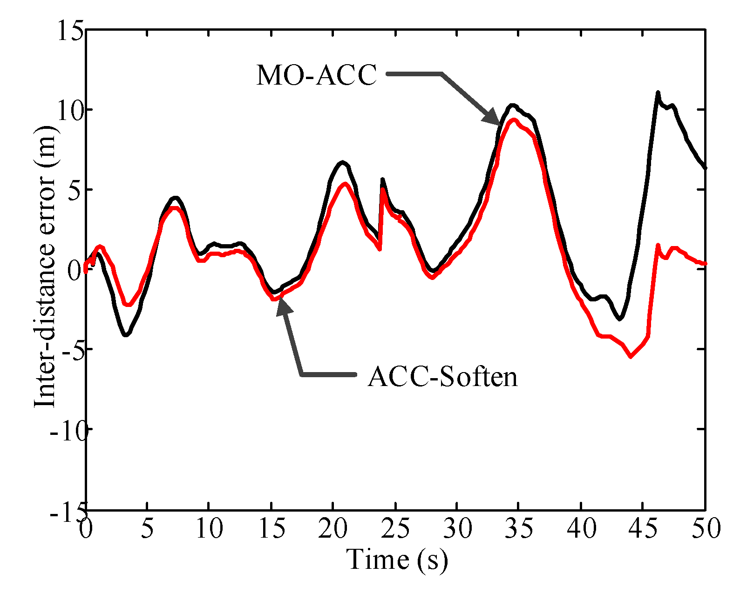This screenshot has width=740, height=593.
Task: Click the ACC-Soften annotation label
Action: click(442, 376)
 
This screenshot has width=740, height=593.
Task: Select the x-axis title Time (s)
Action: click(397, 559)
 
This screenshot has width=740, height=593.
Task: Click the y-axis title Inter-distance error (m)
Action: click(45, 268)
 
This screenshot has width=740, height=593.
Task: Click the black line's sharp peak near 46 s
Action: click(658, 93)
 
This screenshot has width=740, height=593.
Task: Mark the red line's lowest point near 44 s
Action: click(631, 356)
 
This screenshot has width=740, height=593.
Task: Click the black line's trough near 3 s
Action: click(126, 335)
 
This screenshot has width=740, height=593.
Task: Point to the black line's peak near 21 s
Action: click(343, 162)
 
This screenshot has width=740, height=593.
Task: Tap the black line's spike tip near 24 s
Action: click(382, 179)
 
